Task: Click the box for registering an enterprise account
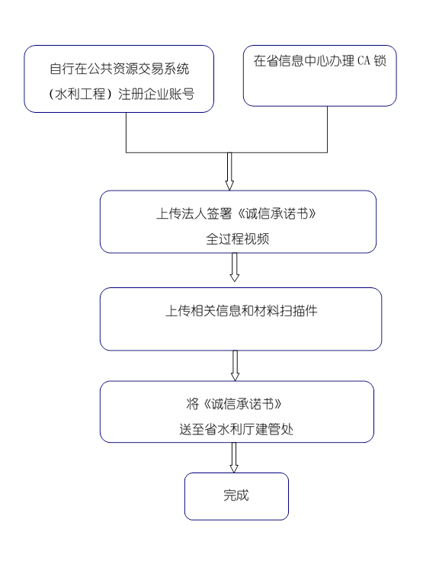pyautogui.click(x=119, y=78)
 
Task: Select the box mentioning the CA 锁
pyautogui.click(x=319, y=75)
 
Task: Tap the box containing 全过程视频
pyautogui.click(x=238, y=222)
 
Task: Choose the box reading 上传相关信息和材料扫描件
pyautogui.click(x=241, y=319)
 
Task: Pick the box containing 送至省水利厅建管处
pyautogui.click(x=237, y=412)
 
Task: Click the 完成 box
pyautogui.click(x=236, y=496)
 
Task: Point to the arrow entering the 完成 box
pyautogui.click(x=234, y=457)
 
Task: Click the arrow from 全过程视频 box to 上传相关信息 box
pyautogui.click(x=234, y=267)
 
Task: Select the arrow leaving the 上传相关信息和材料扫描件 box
pyautogui.click(x=235, y=366)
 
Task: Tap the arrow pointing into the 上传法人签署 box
pyautogui.click(x=229, y=171)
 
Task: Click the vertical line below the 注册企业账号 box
pyautogui.click(x=127, y=133)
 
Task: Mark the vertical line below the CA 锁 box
pyautogui.click(x=327, y=129)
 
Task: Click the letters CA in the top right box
pyautogui.click(x=364, y=60)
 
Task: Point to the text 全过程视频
pyautogui.click(x=238, y=239)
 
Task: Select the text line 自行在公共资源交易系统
pyautogui.click(x=120, y=69)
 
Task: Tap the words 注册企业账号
pyautogui.click(x=156, y=94)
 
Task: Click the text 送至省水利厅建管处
pyautogui.click(x=236, y=429)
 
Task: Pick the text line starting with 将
pyautogui.click(x=234, y=404)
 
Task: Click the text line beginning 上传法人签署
pyautogui.click(x=236, y=213)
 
